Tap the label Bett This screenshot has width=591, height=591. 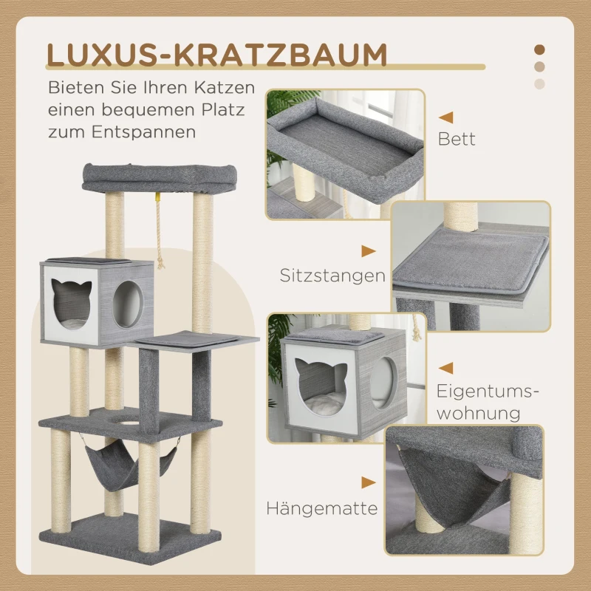(x=457, y=138)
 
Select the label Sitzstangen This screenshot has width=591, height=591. (x=332, y=276)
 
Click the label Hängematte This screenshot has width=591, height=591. (x=322, y=508)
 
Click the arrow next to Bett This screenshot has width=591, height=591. (x=445, y=117)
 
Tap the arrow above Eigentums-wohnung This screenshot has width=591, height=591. (x=445, y=367)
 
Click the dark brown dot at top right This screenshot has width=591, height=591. (x=540, y=49)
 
